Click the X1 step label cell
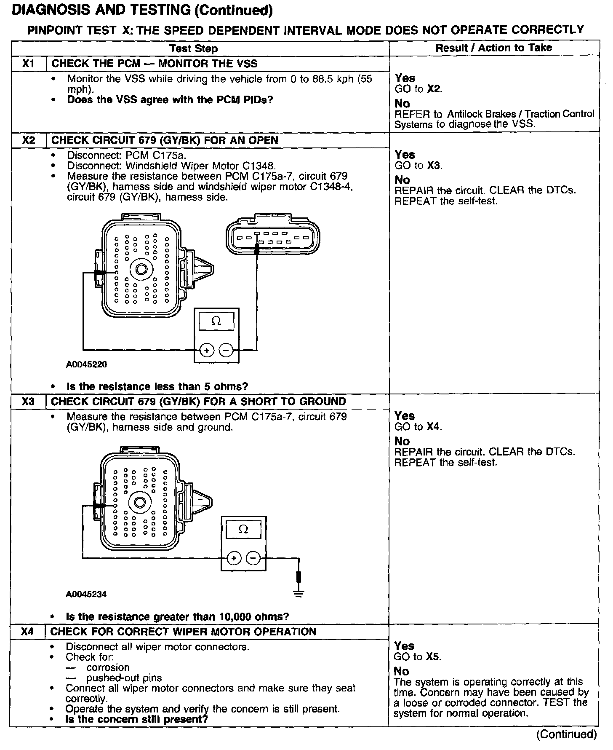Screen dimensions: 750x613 pyautogui.click(x=28, y=64)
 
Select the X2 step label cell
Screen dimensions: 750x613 pyautogui.click(x=28, y=140)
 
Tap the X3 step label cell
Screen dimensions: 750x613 pyautogui.click(x=28, y=401)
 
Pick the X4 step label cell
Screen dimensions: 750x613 pyautogui.click(x=27, y=631)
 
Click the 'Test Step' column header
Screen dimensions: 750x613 pyautogui.click(x=194, y=48)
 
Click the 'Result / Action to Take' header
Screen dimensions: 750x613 pyautogui.click(x=493, y=48)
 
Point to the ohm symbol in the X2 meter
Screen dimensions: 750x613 pyautogui.click(x=216, y=321)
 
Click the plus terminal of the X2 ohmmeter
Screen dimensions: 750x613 pyautogui.click(x=207, y=350)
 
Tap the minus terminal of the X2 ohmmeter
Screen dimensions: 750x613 pyautogui.click(x=226, y=350)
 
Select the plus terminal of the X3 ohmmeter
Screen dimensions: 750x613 pyautogui.click(x=234, y=558)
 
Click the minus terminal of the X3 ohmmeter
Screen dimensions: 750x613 pyautogui.click(x=253, y=558)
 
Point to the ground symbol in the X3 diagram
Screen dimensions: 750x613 pyautogui.click(x=299, y=594)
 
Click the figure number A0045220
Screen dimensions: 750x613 pyautogui.click(x=86, y=364)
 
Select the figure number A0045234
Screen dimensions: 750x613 pyautogui.click(x=86, y=594)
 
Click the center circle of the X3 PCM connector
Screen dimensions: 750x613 pyautogui.click(x=139, y=502)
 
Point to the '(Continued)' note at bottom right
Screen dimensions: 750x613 pyautogui.click(x=566, y=734)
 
